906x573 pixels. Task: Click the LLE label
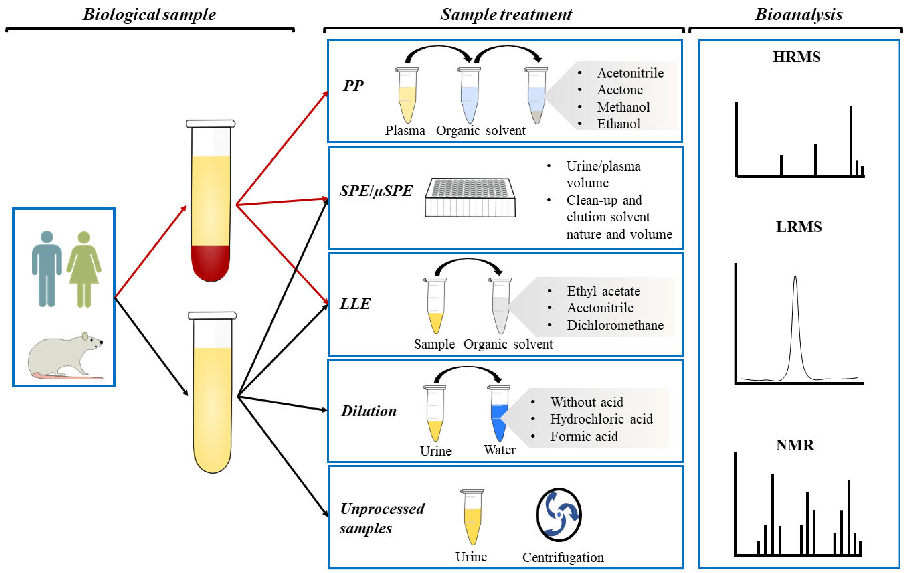point(355,304)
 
